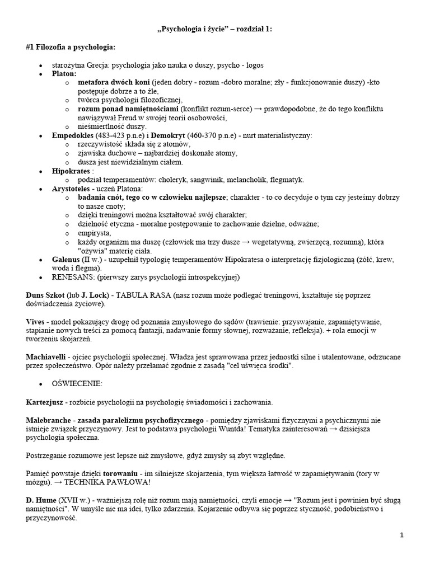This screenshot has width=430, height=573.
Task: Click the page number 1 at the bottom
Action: [401, 536]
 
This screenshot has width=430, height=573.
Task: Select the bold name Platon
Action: [64, 73]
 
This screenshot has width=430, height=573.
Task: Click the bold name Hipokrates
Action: [71, 171]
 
